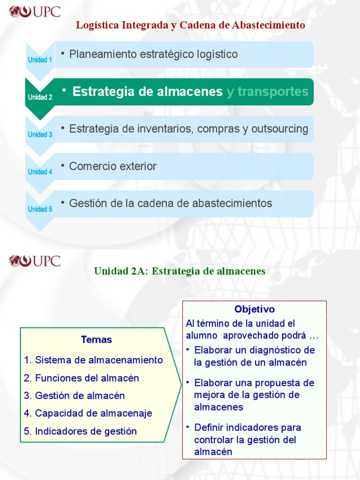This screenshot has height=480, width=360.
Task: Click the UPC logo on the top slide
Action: click(35, 11)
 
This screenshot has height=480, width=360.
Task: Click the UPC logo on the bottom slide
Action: click(35, 261)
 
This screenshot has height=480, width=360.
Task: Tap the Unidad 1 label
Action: click(40, 60)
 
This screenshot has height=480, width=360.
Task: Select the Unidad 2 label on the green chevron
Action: click(40, 97)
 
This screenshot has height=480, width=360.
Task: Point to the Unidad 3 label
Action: click(40, 135)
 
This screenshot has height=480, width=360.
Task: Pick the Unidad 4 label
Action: click(40, 172)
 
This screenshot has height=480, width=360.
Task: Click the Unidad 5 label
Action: click(40, 210)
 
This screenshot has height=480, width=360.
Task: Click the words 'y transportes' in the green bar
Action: click(267, 92)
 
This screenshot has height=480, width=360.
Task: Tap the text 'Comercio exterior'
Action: click(112, 166)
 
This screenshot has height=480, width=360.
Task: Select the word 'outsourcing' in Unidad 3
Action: click(281, 129)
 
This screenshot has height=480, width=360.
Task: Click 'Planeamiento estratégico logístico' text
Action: click(153, 54)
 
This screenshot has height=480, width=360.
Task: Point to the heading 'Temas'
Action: click(96, 340)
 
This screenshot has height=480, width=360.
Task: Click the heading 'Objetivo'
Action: click(255, 309)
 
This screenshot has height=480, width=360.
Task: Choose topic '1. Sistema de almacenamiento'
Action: click(93, 360)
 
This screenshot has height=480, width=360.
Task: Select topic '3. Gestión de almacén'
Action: click(75, 396)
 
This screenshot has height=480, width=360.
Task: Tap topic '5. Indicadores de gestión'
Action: click(80, 431)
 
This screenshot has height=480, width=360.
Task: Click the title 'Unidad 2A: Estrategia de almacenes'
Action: click(180, 271)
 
